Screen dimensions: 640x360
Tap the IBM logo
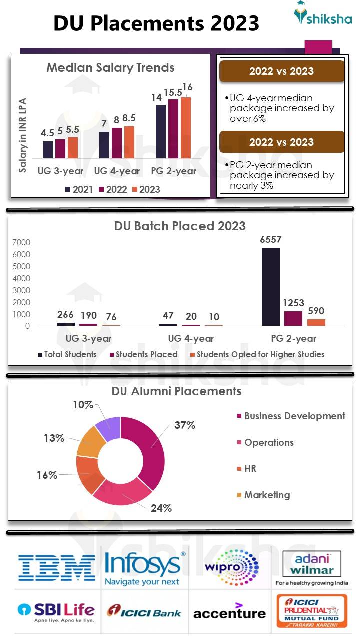pos(56,567)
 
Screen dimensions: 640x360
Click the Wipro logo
pos(231,567)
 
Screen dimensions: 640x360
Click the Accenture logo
pos(229,612)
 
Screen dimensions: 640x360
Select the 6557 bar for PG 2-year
pos(271,287)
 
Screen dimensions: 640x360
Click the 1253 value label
pos(293,303)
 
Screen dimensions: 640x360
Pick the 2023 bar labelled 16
pos(186,128)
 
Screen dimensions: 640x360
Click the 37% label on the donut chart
pos(184,425)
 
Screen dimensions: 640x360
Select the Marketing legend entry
pos(266,495)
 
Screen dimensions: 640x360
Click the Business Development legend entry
pos(294,416)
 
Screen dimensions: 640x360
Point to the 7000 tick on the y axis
pos(21,243)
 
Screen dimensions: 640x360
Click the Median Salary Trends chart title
pos(110,67)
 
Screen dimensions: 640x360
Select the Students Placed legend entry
pos(146,354)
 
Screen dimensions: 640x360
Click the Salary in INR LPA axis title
pos(23,135)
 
